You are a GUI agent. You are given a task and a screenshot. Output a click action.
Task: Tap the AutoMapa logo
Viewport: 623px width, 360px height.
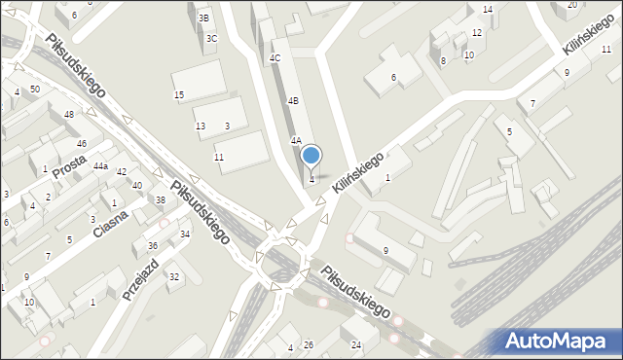pos(552,341)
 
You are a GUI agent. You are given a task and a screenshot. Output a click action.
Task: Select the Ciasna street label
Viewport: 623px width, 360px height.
pos(112,231)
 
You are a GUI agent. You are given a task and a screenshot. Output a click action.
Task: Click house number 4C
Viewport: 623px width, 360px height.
pos(275,58)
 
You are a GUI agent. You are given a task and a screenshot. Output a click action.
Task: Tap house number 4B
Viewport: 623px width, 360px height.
pos(292,100)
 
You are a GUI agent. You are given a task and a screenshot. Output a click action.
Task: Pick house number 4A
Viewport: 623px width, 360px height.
pos(296,140)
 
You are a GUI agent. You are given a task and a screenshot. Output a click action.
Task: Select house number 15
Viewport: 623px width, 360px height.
pos(179,94)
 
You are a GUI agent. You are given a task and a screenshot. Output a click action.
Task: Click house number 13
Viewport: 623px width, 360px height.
pos(201,126)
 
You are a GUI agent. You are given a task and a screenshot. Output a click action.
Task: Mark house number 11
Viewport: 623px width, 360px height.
pos(219,157)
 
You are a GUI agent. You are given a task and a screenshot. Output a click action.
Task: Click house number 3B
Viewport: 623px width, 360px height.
pos(203,18)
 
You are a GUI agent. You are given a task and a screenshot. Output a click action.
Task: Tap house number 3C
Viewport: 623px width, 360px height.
pos(211,38)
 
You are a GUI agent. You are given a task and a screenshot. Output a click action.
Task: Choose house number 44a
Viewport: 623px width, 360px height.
pos(100,166)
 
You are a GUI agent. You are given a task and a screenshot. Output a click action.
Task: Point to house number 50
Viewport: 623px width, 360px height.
pos(35,89)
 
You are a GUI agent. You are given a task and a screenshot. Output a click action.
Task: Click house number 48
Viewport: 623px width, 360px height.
pos(68,115)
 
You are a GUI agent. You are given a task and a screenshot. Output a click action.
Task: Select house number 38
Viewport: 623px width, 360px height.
pos(161,200)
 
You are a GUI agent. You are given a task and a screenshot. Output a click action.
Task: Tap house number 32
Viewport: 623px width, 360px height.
pos(174,277)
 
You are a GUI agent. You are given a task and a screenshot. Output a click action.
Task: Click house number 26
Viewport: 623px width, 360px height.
pos(309,345)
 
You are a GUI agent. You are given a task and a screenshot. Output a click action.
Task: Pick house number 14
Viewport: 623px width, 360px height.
pos(488,10)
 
